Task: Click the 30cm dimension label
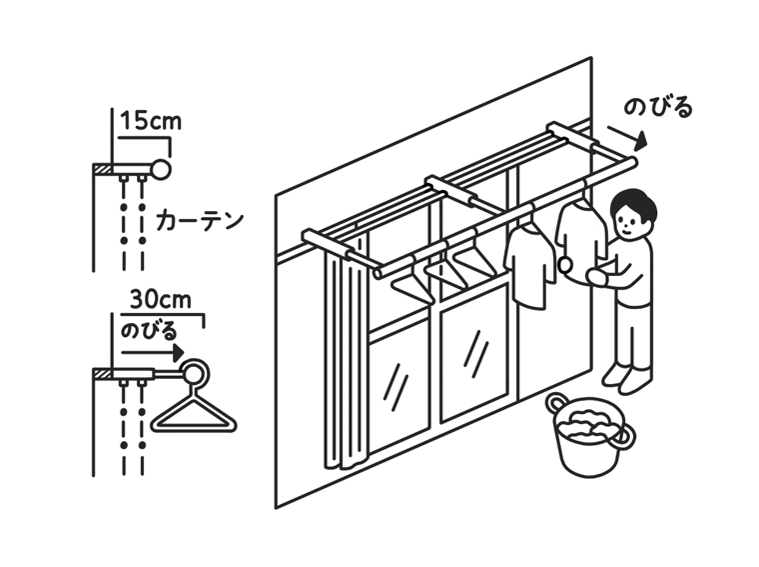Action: [160, 299]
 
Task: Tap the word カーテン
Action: [201, 219]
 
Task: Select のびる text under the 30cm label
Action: [149, 329]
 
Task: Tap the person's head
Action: [633, 213]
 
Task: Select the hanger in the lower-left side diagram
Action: [195, 413]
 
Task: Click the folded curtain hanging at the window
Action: [342, 360]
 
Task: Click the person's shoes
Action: [627, 376]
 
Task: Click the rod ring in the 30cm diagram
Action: [195, 374]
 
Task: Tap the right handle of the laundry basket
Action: [625, 435]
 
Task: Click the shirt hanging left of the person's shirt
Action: [529, 265]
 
